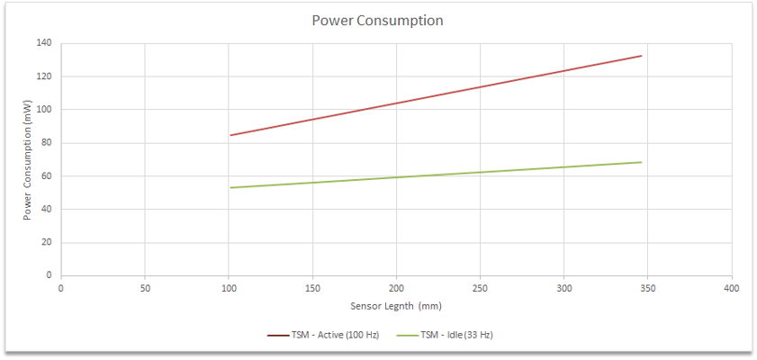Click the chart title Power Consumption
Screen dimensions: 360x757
(x=377, y=20)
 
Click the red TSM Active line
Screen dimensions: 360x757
(x=396, y=103)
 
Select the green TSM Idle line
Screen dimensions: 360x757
(x=396, y=177)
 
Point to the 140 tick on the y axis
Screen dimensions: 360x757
(x=44, y=43)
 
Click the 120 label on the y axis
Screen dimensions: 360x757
(x=44, y=76)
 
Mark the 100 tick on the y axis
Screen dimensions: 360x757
(x=44, y=110)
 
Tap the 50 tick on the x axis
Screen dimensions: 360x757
(x=145, y=289)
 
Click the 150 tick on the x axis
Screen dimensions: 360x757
(x=312, y=289)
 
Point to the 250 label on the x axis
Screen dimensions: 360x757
(x=480, y=289)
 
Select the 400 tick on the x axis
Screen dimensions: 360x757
(x=731, y=289)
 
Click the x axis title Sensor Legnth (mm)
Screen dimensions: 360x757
(x=395, y=306)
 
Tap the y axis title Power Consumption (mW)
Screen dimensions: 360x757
(x=28, y=159)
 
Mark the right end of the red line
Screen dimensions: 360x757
(x=642, y=56)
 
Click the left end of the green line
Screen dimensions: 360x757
(x=230, y=187)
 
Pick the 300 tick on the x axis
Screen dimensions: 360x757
(x=563, y=289)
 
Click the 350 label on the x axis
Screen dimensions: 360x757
(x=647, y=289)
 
